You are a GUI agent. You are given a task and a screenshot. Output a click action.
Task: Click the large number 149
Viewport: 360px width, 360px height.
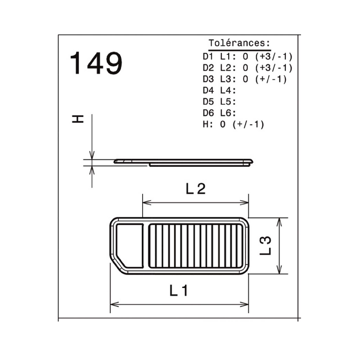coord(96,63)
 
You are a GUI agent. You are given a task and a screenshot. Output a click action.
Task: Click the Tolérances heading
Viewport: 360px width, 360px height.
coord(239,43)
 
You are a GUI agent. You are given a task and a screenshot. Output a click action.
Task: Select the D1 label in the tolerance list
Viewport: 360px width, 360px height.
coord(208,57)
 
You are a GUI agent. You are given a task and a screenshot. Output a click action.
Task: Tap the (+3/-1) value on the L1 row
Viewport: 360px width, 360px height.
coord(274,57)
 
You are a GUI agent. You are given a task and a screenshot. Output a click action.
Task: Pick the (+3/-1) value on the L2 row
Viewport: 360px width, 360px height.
coord(274,68)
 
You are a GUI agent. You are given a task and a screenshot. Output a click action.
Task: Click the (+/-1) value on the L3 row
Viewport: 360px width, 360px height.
coord(271,79)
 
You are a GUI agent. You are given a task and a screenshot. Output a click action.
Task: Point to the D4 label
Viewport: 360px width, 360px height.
coord(208,90)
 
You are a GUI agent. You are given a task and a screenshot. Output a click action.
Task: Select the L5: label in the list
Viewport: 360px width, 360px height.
coord(228,102)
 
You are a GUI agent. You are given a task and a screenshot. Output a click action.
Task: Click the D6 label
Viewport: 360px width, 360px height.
coord(208,113)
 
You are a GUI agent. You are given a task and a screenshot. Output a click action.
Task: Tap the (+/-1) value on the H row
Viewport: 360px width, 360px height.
coord(248,125)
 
